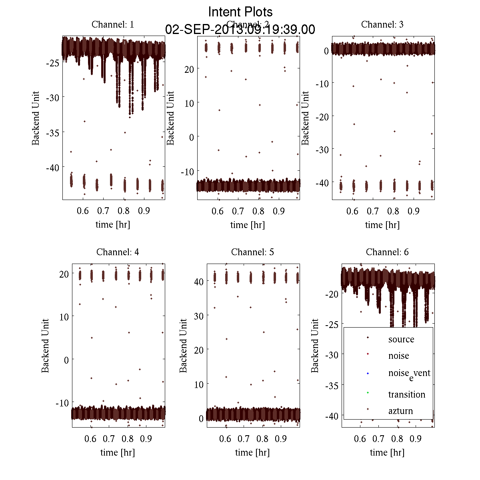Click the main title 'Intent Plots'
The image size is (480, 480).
(240, 12)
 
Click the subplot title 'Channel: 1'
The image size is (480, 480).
(113, 24)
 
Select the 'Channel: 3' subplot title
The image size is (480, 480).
(382, 24)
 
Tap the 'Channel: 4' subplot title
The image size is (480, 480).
(118, 252)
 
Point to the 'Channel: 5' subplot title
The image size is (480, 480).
(252, 252)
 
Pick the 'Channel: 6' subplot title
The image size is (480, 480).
(387, 252)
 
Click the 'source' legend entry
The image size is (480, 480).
(401, 339)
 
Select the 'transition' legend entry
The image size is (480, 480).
(406, 394)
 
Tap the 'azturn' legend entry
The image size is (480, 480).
(400, 411)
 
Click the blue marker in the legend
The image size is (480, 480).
(368, 374)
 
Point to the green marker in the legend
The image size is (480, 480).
(368, 392)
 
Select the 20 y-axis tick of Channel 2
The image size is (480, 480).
(189, 69)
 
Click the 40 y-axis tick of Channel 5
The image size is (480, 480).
(199, 282)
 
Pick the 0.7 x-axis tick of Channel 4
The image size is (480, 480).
(109, 438)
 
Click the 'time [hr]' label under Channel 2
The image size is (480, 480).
(247, 225)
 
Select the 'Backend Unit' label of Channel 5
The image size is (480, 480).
(183, 346)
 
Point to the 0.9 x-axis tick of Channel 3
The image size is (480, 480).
(414, 211)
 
